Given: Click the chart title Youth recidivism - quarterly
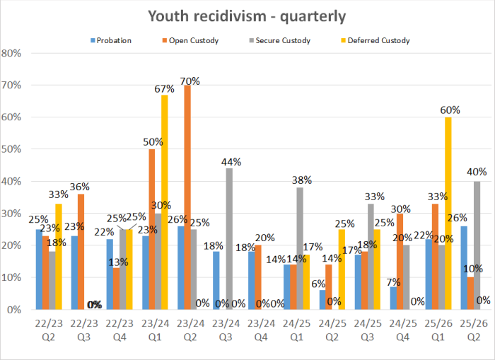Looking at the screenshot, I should click(247, 16).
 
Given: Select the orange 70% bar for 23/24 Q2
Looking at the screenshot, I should click(187, 198).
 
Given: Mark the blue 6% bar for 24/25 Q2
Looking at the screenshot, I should click(322, 300).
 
